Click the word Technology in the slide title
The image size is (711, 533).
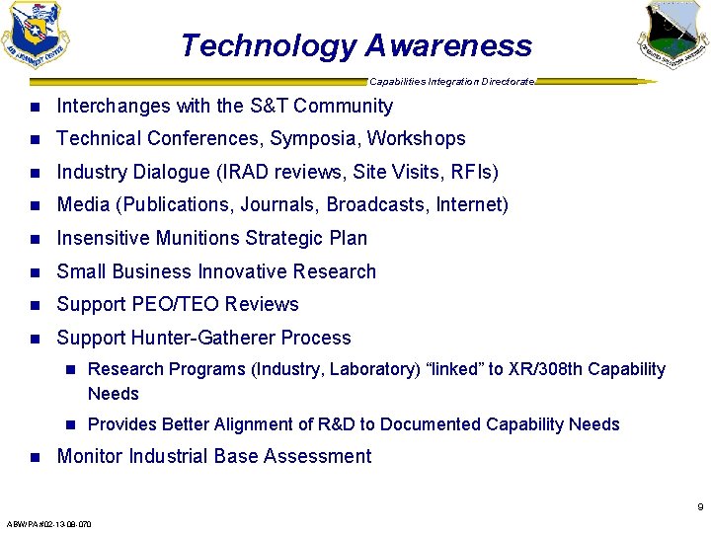click(x=268, y=46)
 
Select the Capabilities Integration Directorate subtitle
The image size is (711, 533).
click(x=452, y=81)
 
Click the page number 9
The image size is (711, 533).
click(x=700, y=507)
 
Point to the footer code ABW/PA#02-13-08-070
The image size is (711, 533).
click(x=48, y=524)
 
